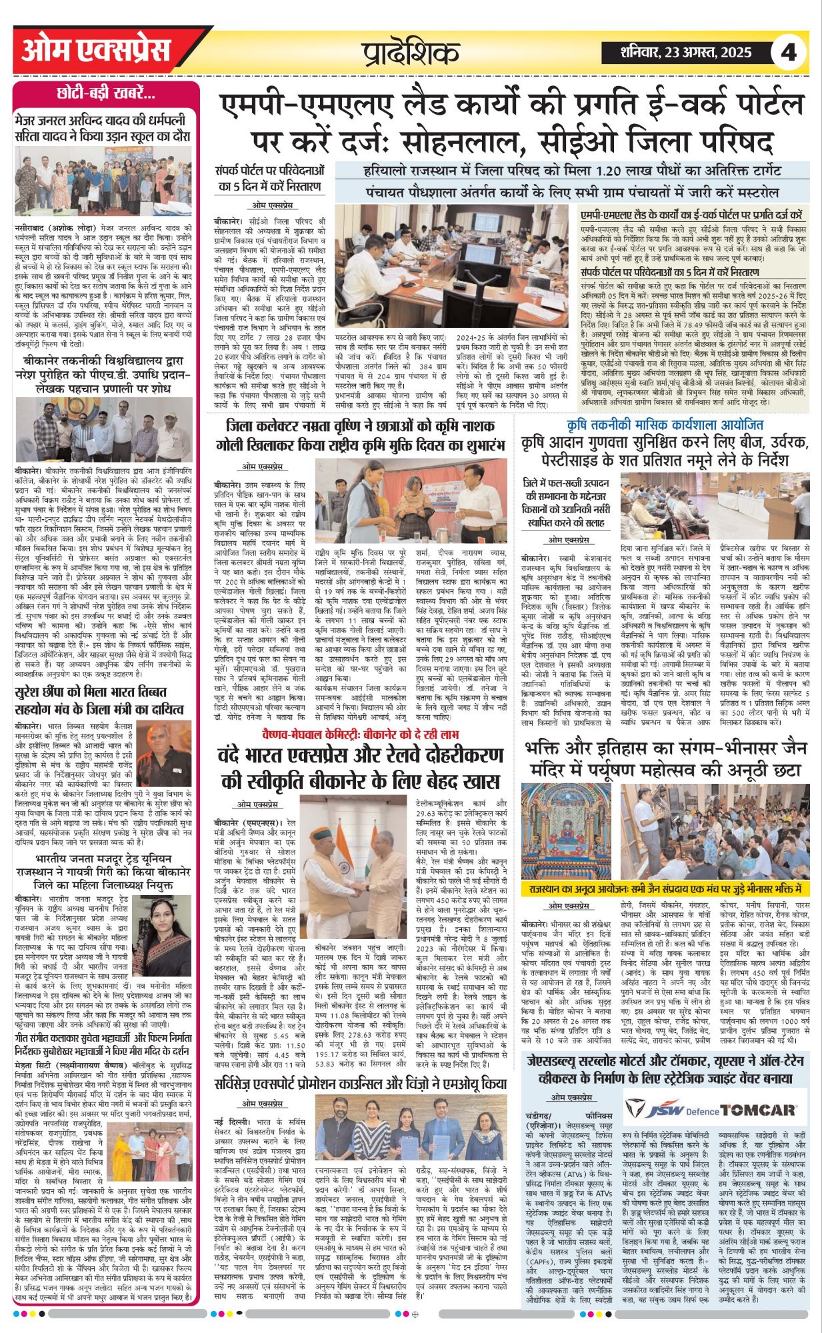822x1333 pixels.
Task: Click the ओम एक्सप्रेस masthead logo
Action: [x=96, y=51]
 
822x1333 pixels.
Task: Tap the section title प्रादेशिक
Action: [x=411, y=52]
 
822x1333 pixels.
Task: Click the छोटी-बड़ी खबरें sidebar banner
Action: [x=107, y=94]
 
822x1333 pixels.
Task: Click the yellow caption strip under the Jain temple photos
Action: [x=663, y=889]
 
